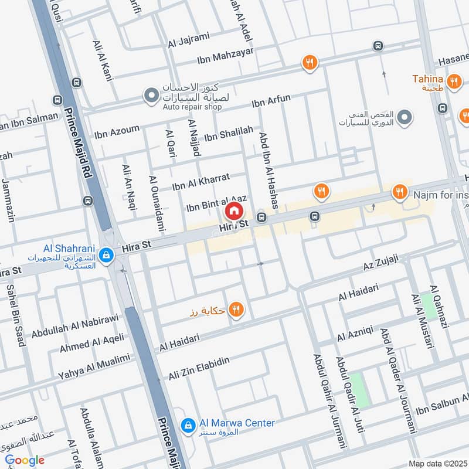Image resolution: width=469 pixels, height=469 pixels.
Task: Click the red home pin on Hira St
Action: [233, 210]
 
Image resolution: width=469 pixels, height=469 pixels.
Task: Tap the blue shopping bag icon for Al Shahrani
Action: [106, 255]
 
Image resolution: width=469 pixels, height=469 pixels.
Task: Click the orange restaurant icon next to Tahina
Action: [453, 81]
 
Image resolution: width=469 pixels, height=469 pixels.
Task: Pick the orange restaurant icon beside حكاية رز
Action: [236, 310]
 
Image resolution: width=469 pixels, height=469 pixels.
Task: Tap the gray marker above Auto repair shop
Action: [151, 94]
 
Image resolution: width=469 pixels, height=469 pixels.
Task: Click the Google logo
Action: [24, 460]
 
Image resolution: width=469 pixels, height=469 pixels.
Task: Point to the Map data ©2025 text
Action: [437, 463]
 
